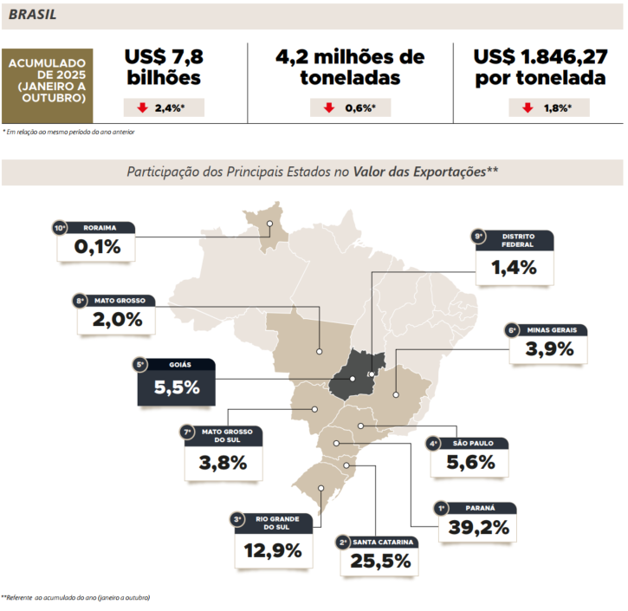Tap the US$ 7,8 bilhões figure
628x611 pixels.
pyautogui.click(x=164, y=67)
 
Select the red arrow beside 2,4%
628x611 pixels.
pyautogui.click(x=141, y=108)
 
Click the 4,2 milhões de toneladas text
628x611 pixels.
pyautogui.click(x=350, y=67)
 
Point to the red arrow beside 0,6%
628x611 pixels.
pyautogui.click(x=329, y=108)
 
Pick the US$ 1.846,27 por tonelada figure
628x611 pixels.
pyautogui.click(x=539, y=67)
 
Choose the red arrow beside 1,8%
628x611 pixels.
pyautogui.click(x=527, y=108)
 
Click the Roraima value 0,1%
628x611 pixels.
pyautogui.click(x=96, y=248)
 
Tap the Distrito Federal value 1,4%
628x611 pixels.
pyautogui.click(x=515, y=267)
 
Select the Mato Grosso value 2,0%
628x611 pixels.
pyautogui.click(x=117, y=320)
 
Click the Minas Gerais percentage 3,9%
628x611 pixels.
pyautogui.click(x=550, y=348)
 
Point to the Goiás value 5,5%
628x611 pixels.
pyautogui.click(x=177, y=388)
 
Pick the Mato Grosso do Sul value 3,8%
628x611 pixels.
pyautogui.click(x=223, y=463)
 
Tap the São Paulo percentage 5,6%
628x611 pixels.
pyautogui.click(x=471, y=463)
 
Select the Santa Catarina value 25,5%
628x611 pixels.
pyautogui.click(x=380, y=562)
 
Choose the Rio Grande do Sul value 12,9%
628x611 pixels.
pyautogui.click(x=273, y=550)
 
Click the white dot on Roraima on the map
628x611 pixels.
pyautogui.click(x=270, y=223)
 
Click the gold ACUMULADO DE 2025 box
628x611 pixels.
pyautogui.click(x=48, y=80)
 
